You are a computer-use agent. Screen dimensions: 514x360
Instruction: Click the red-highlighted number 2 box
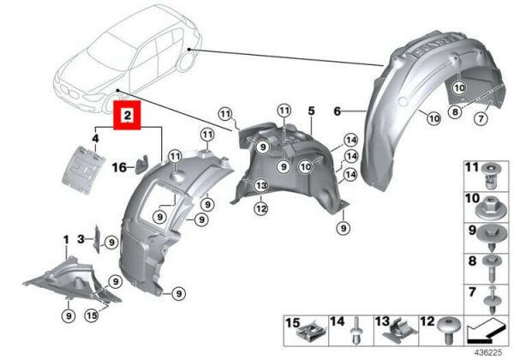pos(127,115)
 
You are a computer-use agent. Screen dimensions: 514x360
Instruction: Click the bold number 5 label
pos(311,111)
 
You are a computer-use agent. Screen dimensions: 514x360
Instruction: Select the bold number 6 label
pos(338,111)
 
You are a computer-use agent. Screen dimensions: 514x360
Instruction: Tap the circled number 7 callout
pos(481,118)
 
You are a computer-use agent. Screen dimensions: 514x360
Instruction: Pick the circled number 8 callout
pos(455,112)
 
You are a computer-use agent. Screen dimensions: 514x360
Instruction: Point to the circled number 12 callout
pos(261,208)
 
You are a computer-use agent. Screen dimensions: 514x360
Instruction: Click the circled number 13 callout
pos(261,186)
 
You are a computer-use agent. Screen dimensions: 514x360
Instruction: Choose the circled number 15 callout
pos(92,315)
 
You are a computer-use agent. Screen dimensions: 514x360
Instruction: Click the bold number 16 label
pos(119,167)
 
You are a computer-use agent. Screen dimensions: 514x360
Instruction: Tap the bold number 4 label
pos(95,139)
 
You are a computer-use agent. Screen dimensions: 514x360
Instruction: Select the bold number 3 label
pos(81,239)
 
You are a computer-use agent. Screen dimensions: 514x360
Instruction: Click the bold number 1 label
pos(66,240)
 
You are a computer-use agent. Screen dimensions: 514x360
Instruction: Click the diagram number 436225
pos(488,353)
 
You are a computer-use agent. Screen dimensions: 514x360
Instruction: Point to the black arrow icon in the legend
pos(485,332)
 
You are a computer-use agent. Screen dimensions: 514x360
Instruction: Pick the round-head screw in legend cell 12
pos(451,329)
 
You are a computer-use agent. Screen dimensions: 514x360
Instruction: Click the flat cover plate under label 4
pos(83,170)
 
